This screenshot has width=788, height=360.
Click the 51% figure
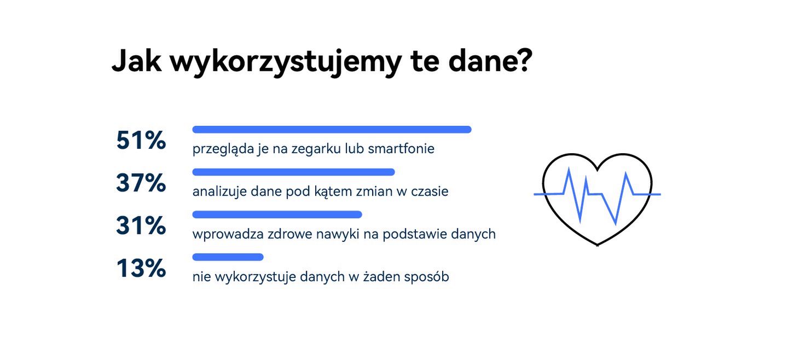tap(141, 141)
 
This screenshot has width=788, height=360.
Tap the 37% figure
tap(141, 183)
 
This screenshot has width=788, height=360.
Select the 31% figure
tap(141, 226)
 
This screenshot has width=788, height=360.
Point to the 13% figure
tap(141, 269)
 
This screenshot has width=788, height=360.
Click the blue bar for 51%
tap(332, 130)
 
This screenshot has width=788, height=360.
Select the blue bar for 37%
tap(293, 172)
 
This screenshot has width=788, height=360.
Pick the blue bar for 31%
tap(277, 214)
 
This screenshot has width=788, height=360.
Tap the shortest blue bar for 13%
tap(228, 257)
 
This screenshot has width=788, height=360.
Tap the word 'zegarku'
tap(320, 149)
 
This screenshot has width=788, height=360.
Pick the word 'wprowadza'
tap(227, 235)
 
